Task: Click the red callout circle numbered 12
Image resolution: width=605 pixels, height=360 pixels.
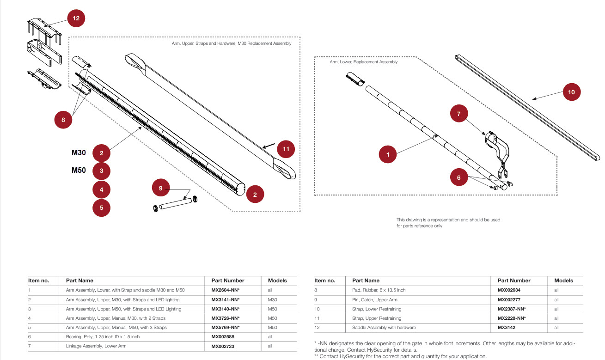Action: click(x=76, y=18)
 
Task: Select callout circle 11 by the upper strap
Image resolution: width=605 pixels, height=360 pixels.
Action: click(x=286, y=149)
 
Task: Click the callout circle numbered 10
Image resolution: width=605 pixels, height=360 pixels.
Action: click(x=571, y=92)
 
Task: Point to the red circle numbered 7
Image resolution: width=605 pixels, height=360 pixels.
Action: click(x=459, y=113)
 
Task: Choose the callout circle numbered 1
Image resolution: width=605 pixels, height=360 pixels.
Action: click(x=388, y=154)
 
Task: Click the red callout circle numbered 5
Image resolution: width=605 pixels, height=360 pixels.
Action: click(x=102, y=207)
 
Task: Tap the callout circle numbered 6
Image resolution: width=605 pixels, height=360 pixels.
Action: click(x=459, y=177)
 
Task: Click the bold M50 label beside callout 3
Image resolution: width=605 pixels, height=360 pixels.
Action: click(x=79, y=170)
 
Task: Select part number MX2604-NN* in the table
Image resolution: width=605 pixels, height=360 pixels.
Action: click(x=226, y=290)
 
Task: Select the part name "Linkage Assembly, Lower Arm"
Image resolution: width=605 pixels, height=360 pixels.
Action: click(x=96, y=346)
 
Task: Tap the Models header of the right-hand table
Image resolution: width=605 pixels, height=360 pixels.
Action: click(x=563, y=281)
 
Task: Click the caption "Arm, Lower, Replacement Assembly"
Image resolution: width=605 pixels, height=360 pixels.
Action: click(x=363, y=62)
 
